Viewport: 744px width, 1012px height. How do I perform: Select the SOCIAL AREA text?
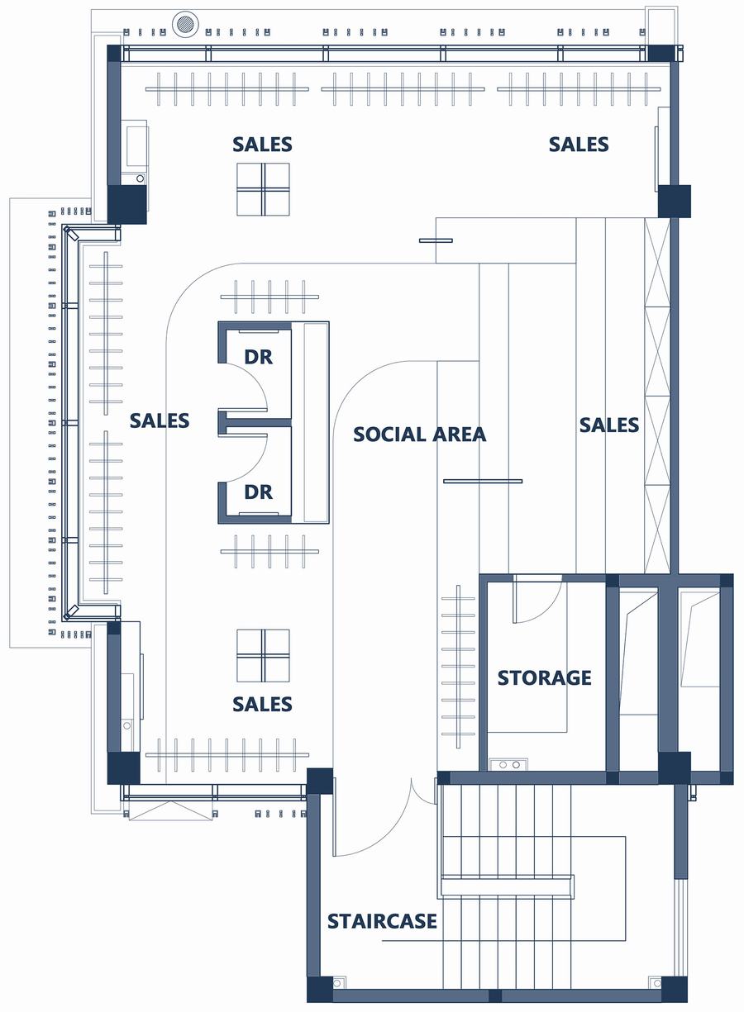tap(419, 435)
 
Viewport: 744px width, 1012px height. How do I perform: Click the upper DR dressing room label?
tap(258, 357)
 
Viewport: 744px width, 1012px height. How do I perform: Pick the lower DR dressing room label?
tap(258, 492)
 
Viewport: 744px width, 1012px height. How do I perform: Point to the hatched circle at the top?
tap(186, 23)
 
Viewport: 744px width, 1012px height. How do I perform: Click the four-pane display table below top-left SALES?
tap(263, 189)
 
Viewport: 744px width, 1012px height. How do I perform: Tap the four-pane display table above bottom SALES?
tap(263, 656)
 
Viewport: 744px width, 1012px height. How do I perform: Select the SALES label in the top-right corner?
tap(579, 144)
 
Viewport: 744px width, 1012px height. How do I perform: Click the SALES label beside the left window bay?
tap(159, 420)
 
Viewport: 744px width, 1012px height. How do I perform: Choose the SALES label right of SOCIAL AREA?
tap(609, 425)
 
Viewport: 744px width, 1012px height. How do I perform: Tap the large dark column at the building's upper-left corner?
tap(126, 204)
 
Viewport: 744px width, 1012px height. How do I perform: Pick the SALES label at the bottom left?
tap(262, 704)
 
